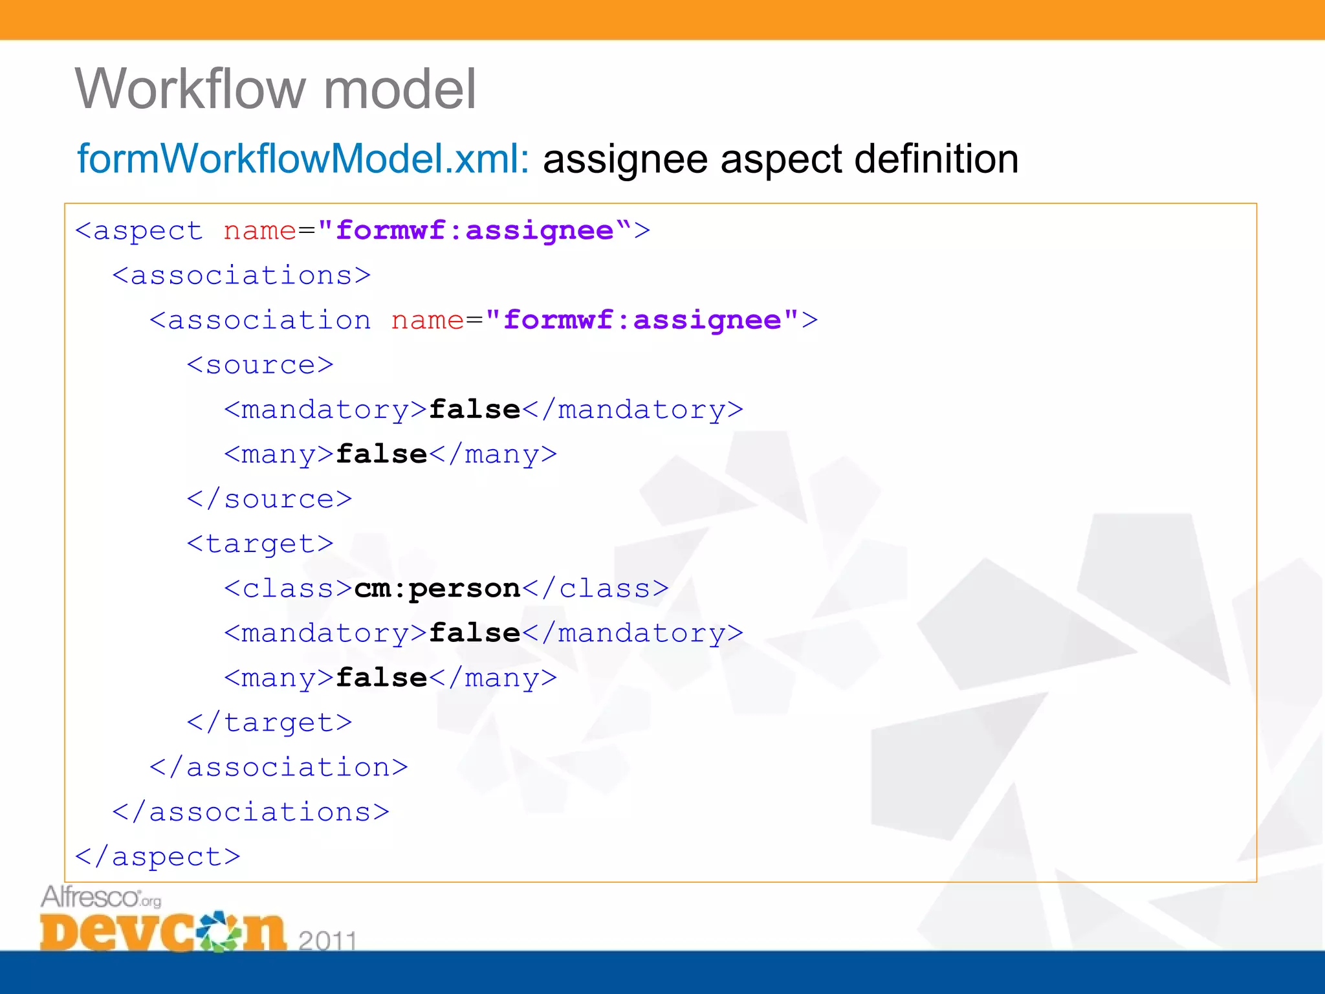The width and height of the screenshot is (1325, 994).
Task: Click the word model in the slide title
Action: pos(399,89)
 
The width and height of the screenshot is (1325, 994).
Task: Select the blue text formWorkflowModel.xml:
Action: pos(303,159)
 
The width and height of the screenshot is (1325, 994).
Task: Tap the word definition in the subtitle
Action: pos(936,159)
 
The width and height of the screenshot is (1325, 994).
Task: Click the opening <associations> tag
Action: pos(241,276)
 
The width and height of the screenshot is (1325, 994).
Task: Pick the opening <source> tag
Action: pos(260,365)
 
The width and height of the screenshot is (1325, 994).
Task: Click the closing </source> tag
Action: pos(269,499)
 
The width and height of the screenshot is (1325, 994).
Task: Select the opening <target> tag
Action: pos(260,544)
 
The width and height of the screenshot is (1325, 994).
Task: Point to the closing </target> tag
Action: pos(269,722)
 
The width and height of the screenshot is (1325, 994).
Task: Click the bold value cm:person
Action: pos(437,588)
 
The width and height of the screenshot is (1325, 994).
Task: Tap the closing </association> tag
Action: pos(279,767)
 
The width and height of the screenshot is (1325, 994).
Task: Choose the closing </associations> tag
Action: pos(251,812)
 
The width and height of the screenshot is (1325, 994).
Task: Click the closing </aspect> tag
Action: pos(158,856)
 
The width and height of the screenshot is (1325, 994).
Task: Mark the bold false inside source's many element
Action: pos(382,454)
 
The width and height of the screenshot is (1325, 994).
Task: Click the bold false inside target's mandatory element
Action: pos(475,633)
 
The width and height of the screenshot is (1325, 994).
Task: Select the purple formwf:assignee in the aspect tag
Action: pos(474,230)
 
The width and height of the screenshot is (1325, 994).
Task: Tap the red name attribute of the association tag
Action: pos(428,320)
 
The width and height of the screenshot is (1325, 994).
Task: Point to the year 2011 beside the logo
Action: pos(327,940)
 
